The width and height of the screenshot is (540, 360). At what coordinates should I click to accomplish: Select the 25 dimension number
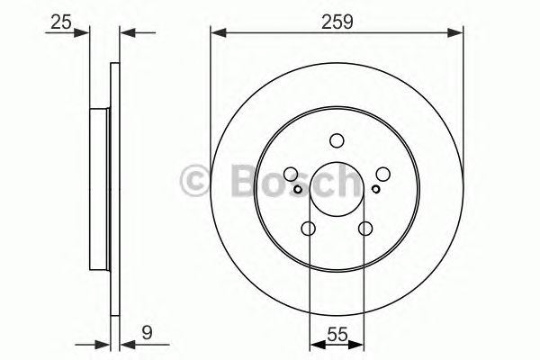[x=61, y=20]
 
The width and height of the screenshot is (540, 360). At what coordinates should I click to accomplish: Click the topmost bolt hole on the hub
[x=337, y=140]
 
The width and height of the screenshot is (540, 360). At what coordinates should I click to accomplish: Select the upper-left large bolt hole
[x=291, y=175]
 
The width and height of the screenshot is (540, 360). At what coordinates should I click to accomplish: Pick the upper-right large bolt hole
[x=382, y=175]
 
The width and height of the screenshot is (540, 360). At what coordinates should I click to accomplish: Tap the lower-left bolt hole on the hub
[x=309, y=229]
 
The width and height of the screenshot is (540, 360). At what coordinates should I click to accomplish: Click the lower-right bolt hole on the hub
[x=364, y=229]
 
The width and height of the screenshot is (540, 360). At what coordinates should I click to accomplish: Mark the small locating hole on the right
[x=375, y=189]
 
